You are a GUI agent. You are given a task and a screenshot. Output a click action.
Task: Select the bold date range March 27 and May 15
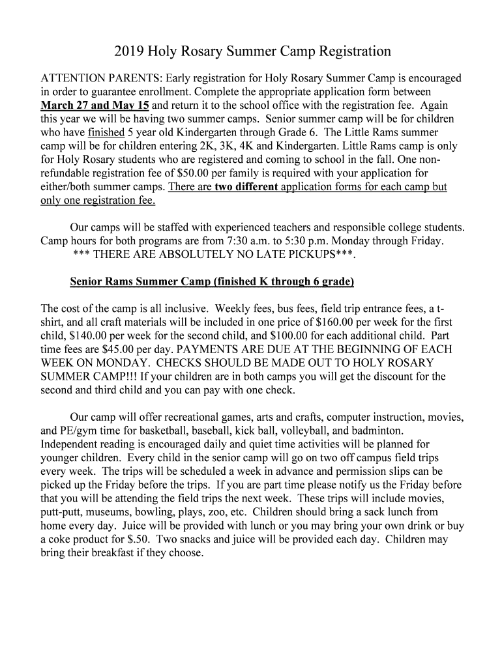click(x=95, y=104)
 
